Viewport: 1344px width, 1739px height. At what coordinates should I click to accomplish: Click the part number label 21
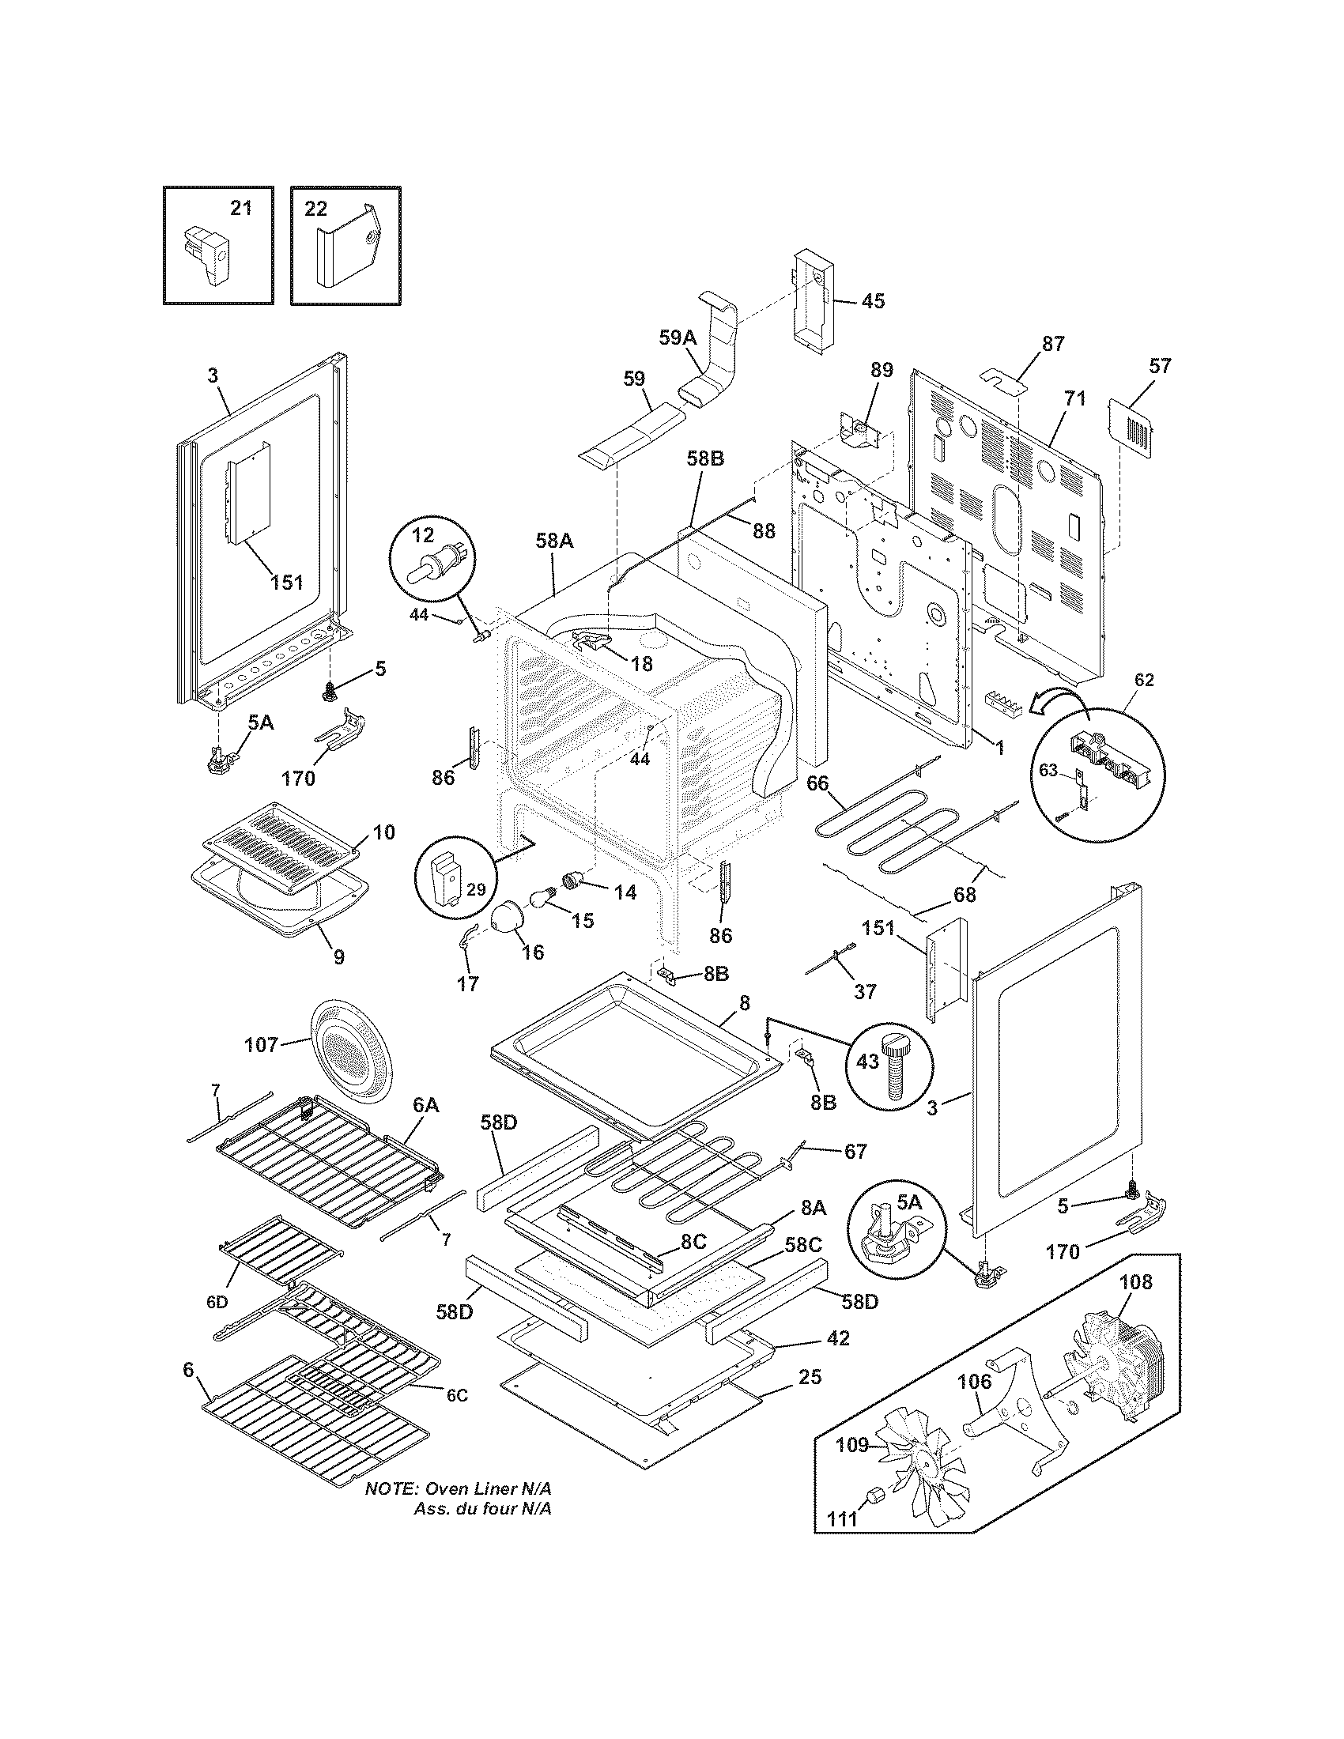(x=240, y=209)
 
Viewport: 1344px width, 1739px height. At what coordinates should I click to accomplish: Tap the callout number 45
(x=873, y=301)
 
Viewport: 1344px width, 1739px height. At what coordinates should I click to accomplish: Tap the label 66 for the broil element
(x=817, y=783)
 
